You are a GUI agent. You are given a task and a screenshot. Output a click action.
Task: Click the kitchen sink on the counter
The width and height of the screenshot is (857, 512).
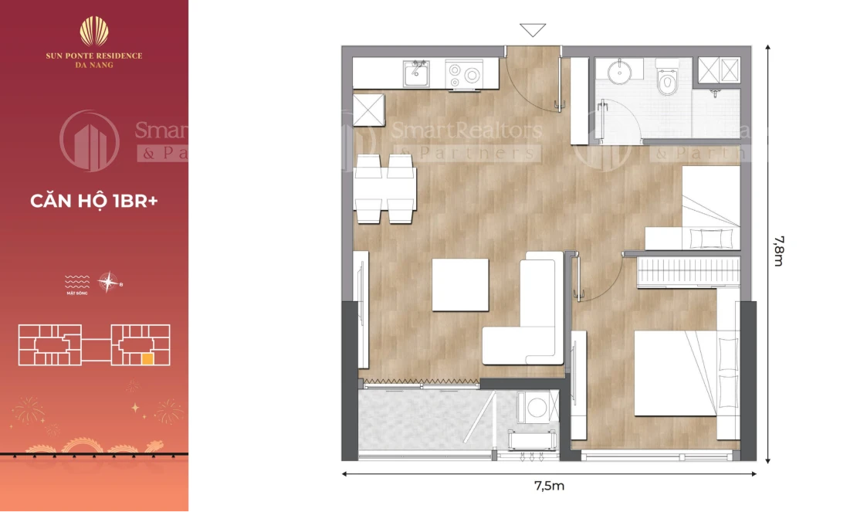[x=417, y=74]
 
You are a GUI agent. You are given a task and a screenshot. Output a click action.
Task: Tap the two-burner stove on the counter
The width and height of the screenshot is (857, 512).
[x=465, y=74]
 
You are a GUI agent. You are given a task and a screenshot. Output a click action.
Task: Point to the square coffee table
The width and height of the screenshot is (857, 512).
[x=460, y=284]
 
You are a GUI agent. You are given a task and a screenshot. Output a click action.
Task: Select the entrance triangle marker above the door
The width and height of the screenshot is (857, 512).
[x=533, y=30]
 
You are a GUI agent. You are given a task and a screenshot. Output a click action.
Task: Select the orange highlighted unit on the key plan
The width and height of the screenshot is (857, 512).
[x=147, y=358]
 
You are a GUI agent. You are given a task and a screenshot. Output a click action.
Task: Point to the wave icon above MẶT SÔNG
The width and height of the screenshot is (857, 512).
[x=76, y=279]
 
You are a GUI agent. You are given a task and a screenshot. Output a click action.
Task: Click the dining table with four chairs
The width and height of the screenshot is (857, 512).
[x=386, y=188]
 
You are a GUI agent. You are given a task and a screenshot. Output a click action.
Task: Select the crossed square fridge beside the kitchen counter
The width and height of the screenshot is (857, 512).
[x=368, y=109]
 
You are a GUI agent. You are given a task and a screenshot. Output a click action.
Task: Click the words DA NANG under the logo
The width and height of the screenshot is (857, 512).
[x=94, y=66]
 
